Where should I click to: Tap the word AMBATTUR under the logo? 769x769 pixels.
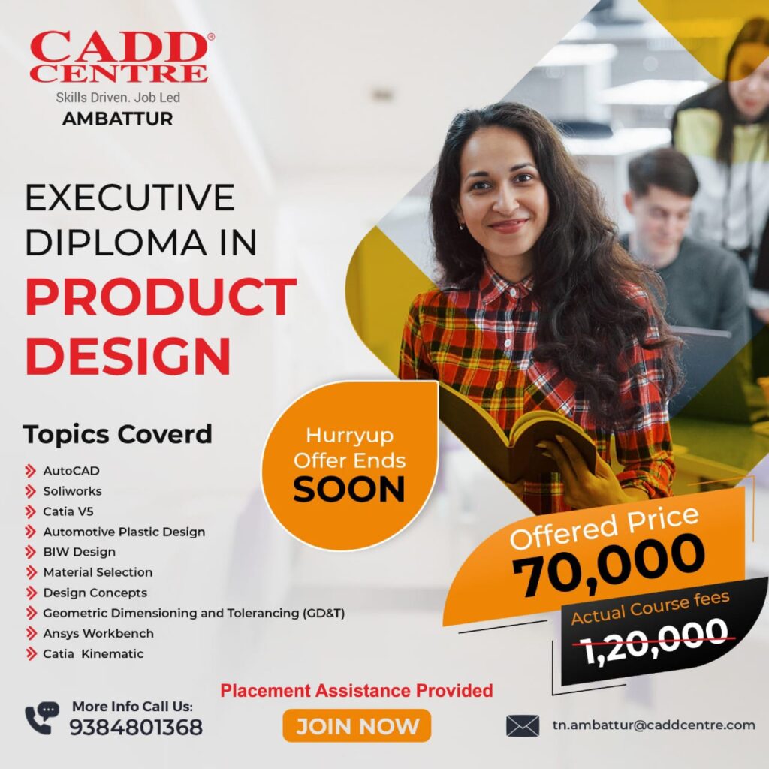pos(118,119)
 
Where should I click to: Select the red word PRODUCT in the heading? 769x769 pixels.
pos(161,297)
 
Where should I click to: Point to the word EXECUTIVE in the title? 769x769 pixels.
pos(130,198)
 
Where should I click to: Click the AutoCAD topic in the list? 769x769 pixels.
pos(71,471)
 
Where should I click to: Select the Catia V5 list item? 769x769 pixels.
pos(68,511)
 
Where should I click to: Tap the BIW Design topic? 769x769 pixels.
pos(80,552)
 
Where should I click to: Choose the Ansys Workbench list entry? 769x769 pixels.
pos(98,634)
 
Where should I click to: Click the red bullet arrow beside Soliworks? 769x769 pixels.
pos(30,491)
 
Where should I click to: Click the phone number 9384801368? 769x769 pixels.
pos(136,727)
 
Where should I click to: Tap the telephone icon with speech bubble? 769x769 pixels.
pos(42,718)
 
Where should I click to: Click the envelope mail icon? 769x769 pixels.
pos(523,726)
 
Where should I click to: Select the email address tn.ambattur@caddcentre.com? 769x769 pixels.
pos(654,725)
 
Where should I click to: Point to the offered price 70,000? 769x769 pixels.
pos(609,565)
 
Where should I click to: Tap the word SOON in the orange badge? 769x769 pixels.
pos(349,490)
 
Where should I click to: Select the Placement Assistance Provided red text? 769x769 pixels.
pos(357,691)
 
